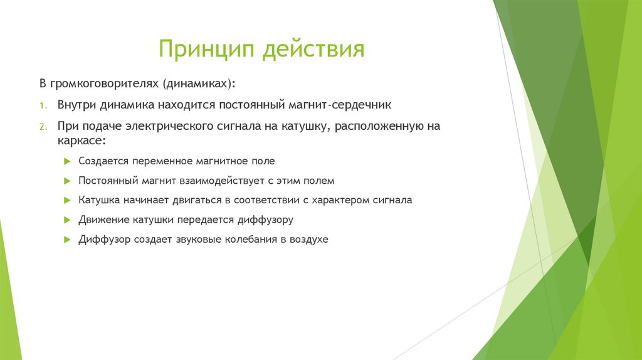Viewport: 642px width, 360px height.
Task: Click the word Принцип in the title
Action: tap(207, 49)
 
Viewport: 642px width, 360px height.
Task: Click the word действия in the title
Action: tap(313, 49)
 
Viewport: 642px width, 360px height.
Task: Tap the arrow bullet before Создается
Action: tap(68, 161)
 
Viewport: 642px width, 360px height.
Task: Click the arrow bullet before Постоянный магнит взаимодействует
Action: tap(68, 181)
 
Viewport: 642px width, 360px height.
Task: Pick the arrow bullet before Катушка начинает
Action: tap(68, 201)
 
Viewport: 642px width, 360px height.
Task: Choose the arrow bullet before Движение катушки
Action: tap(68, 220)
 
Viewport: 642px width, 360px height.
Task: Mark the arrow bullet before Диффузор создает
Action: tap(68, 240)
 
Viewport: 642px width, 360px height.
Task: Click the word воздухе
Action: tap(308, 240)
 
